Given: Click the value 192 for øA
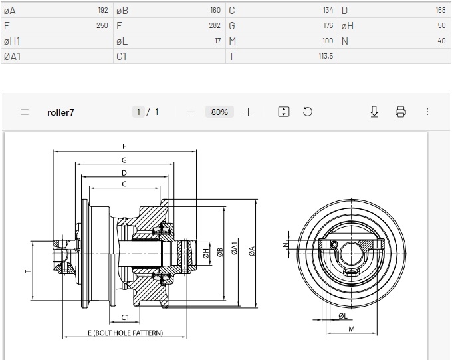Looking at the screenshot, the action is pos(103,10).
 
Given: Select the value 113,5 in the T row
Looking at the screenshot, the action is pos(326,56).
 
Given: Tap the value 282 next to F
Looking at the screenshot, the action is pos(215,25).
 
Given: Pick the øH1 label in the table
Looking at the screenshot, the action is pos(12,41).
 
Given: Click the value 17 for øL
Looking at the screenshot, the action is pos(218,41).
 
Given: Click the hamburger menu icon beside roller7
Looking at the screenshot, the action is pos(25,112).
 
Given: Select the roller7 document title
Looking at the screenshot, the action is pos(60,112).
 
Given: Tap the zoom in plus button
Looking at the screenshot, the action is pos(248,112).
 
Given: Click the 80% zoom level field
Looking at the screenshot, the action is pos(219,112).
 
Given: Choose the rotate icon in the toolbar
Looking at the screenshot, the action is pos(308,112).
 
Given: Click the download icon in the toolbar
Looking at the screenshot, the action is pos(374,112).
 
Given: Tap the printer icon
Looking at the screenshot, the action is pos(401,112).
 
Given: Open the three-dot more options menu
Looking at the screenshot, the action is pos(427,112).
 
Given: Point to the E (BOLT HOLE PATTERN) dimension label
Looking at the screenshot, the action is pos(125,333).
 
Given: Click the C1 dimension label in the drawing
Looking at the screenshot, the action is pos(125,317).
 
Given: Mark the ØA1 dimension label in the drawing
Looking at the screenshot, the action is pos(235,248).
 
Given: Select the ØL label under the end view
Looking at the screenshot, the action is pos(343,316).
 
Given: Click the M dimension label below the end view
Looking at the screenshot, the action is pos(352,329).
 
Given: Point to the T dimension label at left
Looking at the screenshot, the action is pos(28,271).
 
